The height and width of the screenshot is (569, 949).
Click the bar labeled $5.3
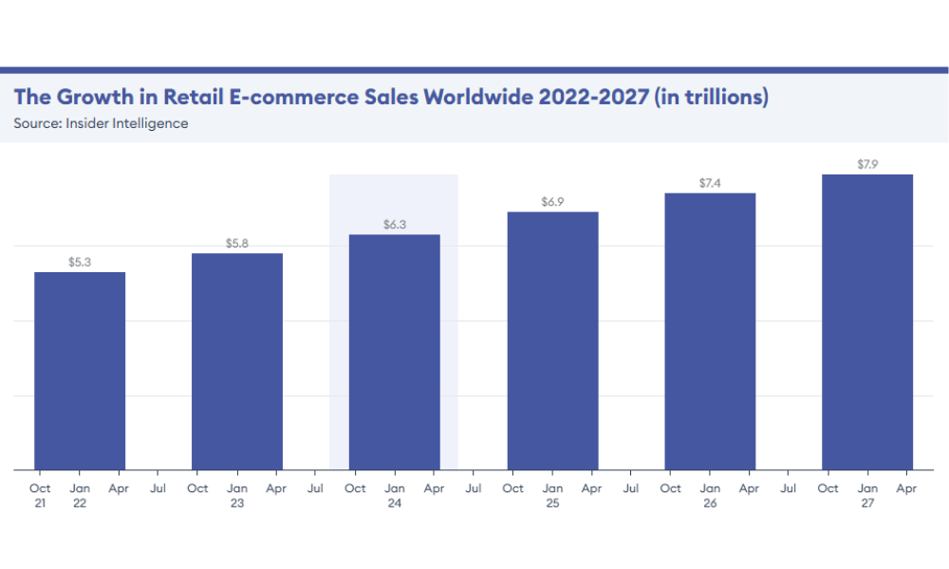[x=80, y=371]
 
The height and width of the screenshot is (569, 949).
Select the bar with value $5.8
[x=237, y=361]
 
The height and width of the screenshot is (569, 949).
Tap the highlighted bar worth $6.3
[x=395, y=352]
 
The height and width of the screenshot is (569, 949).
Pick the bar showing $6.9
[x=552, y=340]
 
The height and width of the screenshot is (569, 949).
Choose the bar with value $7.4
[x=710, y=331]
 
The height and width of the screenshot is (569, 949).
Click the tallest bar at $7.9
[x=867, y=321]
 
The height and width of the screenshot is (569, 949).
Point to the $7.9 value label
[x=867, y=164]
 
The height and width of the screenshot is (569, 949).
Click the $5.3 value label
[x=80, y=262]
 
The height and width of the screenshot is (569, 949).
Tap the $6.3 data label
[x=395, y=225]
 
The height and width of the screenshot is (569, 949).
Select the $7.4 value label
[x=710, y=183]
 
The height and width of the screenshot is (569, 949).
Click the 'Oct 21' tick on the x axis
[x=40, y=496]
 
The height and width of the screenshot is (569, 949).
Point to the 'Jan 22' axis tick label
[x=80, y=496]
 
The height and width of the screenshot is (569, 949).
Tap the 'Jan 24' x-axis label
[x=395, y=496]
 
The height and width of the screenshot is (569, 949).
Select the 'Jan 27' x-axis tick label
[x=867, y=496]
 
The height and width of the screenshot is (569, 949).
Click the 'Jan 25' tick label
[x=552, y=496]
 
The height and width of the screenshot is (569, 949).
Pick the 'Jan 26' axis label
[x=710, y=496]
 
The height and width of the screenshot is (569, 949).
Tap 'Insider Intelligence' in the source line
[x=127, y=123]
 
